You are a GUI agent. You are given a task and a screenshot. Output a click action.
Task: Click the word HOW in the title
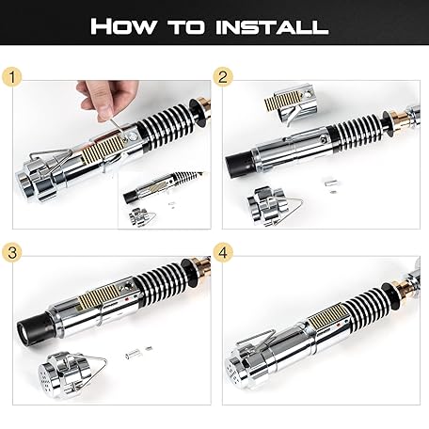click(122, 26)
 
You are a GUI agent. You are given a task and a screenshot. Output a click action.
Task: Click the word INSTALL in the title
click(272, 26)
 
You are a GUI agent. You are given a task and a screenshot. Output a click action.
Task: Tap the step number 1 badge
click(12, 77)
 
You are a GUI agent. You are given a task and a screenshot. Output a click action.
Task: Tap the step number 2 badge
click(223, 77)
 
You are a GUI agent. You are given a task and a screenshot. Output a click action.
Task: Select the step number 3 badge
click(12, 252)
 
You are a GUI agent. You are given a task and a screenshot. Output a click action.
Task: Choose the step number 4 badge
click(223, 252)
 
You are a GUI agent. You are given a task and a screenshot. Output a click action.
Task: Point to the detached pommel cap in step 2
click(270, 206)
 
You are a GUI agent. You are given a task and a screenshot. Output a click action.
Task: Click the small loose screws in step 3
click(138, 353)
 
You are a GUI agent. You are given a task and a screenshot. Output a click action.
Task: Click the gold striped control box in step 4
click(327, 316)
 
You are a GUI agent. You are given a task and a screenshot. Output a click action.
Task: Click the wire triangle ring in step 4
click(256, 339)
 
